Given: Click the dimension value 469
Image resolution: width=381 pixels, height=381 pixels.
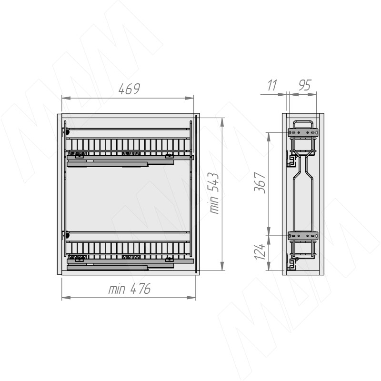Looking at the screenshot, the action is [129, 89].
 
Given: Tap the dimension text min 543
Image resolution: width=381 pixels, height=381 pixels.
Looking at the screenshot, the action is [214, 193].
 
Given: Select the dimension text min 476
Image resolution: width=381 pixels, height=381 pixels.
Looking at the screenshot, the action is [129, 289].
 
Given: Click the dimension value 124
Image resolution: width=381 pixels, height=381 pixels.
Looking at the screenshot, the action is [259, 251].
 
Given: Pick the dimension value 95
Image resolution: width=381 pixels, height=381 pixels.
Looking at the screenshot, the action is [304, 85].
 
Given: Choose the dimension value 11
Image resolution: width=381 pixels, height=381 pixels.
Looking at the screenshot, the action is [272, 85].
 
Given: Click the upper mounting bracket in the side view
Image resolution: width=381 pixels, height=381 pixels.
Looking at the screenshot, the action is [303, 133].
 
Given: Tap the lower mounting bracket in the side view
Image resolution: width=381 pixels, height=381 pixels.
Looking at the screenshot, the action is [303, 235].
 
